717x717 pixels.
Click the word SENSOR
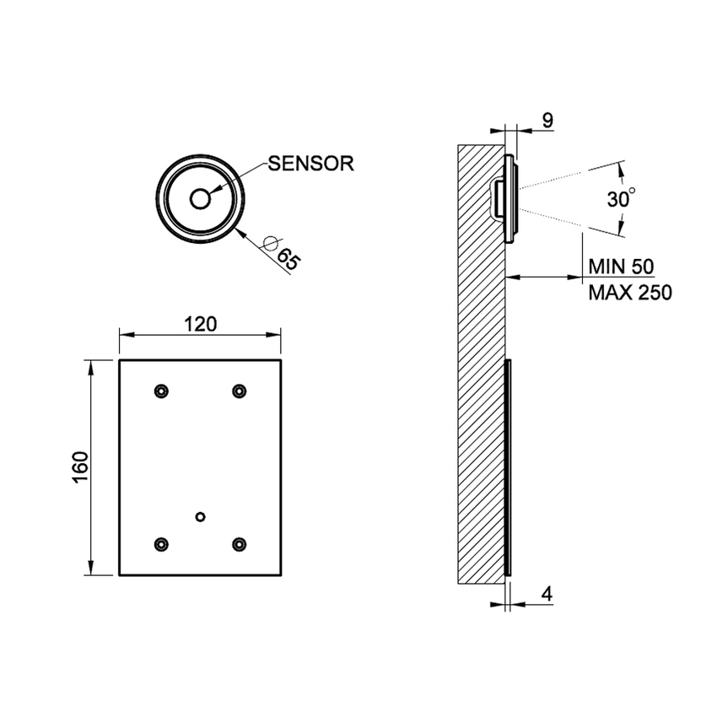point(311,164)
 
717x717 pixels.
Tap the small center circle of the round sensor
point(201,198)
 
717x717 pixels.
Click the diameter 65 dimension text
point(287,259)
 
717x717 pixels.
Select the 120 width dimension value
point(201,324)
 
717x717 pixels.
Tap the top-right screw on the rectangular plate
point(240,391)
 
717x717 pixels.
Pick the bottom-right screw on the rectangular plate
point(240,544)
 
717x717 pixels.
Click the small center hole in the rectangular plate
point(200,515)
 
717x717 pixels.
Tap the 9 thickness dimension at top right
point(547,121)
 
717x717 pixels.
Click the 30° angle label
point(621,199)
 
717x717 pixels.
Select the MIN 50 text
point(621,267)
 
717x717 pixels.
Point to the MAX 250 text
point(629,293)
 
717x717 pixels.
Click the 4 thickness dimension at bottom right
point(547,594)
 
